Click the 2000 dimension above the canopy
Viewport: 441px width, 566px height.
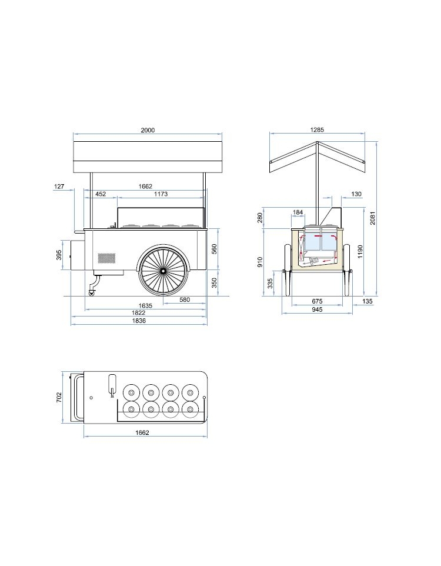click(148, 130)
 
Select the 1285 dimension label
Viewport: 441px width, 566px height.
click(317, 129)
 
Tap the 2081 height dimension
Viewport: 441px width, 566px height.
click(373, 218)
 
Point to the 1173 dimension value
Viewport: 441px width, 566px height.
click(161, 194)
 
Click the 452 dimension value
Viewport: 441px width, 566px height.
click(101, 194)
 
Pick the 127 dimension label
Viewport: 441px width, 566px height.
click(59, 187)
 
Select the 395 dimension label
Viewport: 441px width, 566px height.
click(59, 255)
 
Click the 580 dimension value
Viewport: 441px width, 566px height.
click(185, 299)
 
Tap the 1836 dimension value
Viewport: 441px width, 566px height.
click(139, 321)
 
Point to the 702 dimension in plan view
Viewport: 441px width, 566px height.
click(59, 397)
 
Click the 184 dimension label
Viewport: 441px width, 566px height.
click(298, 212)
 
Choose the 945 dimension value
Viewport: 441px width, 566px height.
click(317, 309)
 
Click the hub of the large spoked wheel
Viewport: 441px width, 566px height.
click(163, 269)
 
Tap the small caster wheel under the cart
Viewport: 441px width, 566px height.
click(92, 293)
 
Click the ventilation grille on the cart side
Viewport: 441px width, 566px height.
click(107, 258)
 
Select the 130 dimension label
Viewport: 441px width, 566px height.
click(356, 194)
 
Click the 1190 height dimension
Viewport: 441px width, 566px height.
click(360, 252)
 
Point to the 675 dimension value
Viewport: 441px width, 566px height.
click(317, 301)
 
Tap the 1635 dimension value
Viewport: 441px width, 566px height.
click(145, 305)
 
